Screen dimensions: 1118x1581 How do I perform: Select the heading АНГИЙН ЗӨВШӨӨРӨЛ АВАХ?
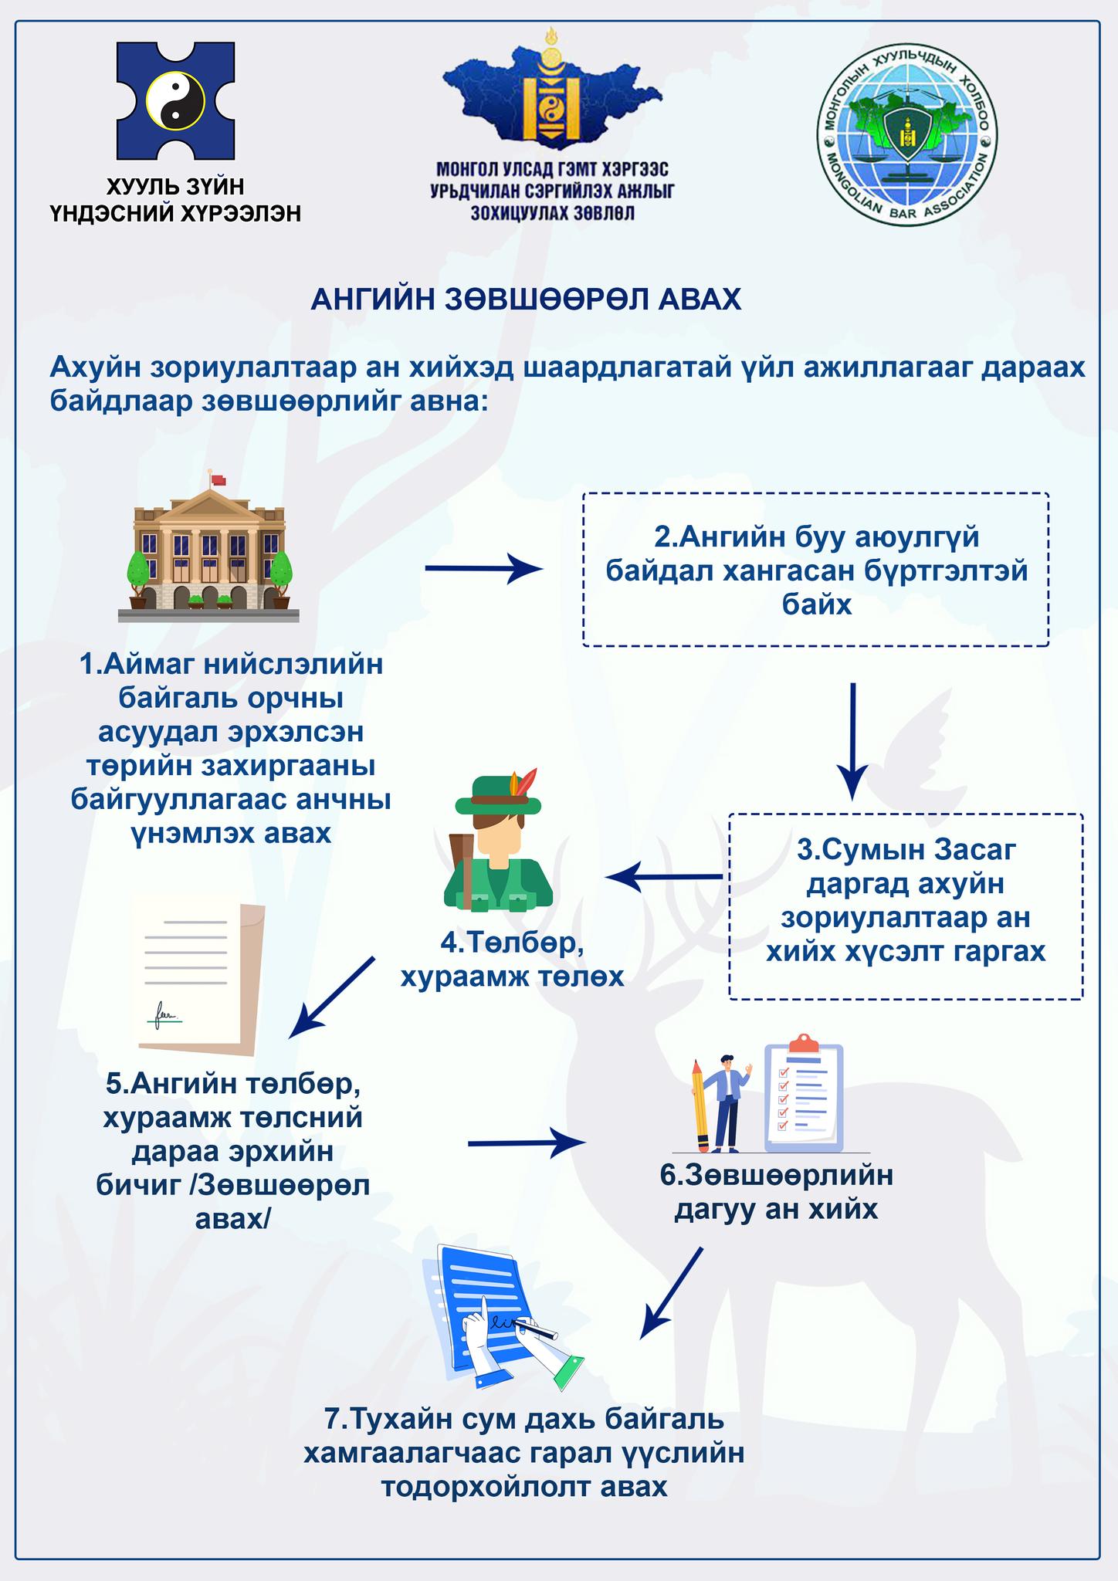click(x=526, y=299)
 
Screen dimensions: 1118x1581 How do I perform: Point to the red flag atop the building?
click(x=219, y=479)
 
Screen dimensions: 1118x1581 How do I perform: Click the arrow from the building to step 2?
click(x=484, y=569)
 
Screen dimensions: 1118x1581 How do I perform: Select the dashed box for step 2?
click(x=815, y=569)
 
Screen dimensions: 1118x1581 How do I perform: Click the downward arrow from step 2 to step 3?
click(x=852, y=741)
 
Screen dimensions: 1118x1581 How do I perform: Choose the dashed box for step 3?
click(x=906, y=906)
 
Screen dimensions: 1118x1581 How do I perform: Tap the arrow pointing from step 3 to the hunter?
click(x=664, y=877)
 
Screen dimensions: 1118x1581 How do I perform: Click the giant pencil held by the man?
click(x=701, y=1107)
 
